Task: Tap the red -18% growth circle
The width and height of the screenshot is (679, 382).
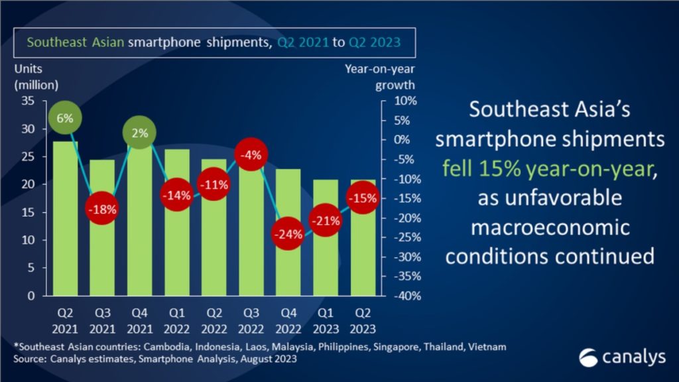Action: pos(102,208)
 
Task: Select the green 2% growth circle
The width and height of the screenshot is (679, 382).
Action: pos(139,133)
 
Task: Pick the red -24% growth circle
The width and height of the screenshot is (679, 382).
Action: pos(288,234)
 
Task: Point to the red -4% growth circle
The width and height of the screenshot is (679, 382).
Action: pos(251,156)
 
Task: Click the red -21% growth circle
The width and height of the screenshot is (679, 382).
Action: pos(326,222)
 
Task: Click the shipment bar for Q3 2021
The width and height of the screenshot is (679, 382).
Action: pos(102,259)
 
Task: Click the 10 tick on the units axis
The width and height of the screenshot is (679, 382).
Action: pos(29,240)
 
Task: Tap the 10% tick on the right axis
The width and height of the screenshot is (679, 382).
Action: pos(404,101)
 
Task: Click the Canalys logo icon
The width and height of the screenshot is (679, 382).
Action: pos(588,357)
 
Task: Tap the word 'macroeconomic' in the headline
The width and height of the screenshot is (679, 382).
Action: pos(550,227)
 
